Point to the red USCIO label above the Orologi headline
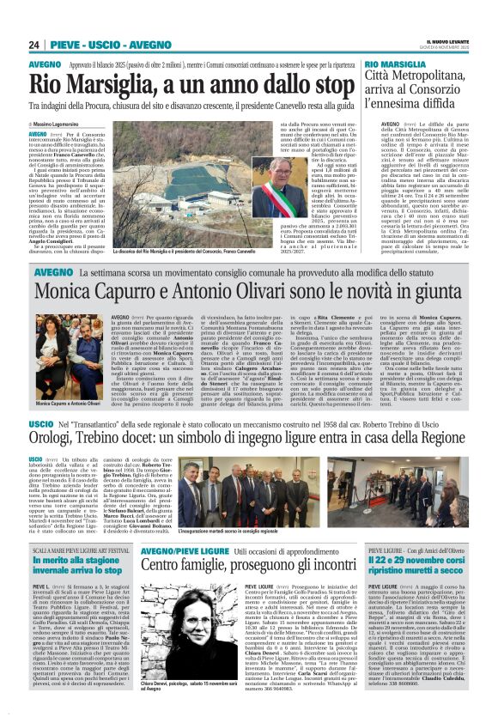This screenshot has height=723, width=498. click(x=41, y=424)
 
